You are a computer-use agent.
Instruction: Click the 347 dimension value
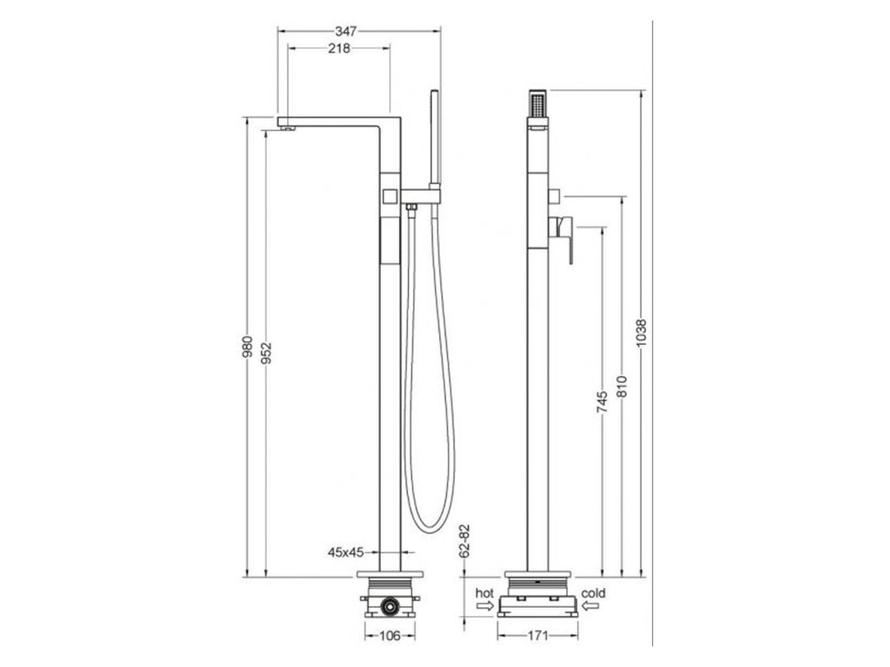[x=346, y=31]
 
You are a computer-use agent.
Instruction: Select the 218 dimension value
[x=339, y=48]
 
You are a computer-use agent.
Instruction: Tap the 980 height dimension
[x=247, y=347]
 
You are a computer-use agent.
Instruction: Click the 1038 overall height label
[x=641, y=333]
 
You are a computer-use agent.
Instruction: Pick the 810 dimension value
[x=621, y=387]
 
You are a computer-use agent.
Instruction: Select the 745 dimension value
[x=602, y=402]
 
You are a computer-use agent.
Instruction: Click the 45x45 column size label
[x=346, y=553]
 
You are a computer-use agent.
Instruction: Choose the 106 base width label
[x=390, y=635]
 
